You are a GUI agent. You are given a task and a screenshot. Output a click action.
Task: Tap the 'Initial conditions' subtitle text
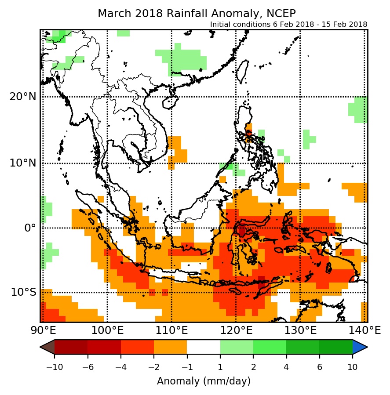pos(288,25)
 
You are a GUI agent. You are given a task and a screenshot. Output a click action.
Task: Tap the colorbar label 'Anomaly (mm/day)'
pos(204,381)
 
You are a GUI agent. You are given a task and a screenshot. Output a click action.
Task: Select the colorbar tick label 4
pos(286,366)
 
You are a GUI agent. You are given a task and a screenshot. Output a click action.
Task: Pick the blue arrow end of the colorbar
pos(360,347)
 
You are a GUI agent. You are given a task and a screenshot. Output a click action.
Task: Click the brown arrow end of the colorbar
pos(47,347)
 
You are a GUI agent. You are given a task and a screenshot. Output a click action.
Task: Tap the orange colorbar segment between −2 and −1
pos(170,347)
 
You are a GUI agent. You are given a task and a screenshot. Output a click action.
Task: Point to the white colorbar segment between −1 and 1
pos(203,347)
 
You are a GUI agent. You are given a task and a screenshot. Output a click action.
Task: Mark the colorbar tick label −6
pos(87,366)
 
